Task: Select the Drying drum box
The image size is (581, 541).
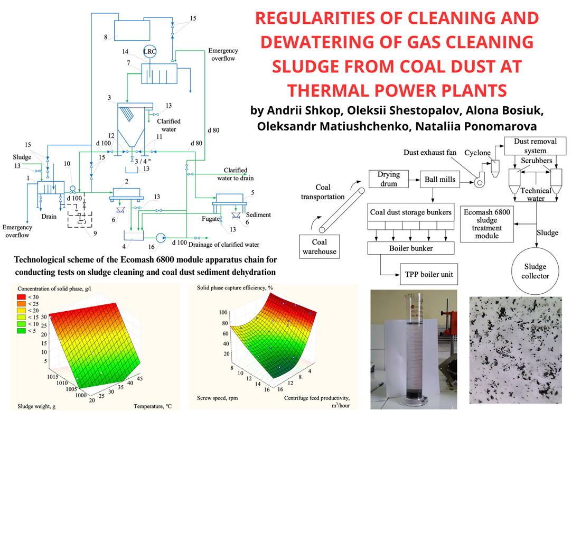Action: click(388, 179)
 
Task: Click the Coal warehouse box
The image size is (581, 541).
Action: click(319, 247)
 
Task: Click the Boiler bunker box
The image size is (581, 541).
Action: click(411, 247)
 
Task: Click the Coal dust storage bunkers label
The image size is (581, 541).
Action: click(411, 212)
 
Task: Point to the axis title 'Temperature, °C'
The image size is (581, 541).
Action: click(152, 406)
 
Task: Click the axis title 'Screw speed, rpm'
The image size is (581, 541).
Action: click(218, 397)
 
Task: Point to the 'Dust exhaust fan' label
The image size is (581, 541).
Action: click(429, 153)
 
